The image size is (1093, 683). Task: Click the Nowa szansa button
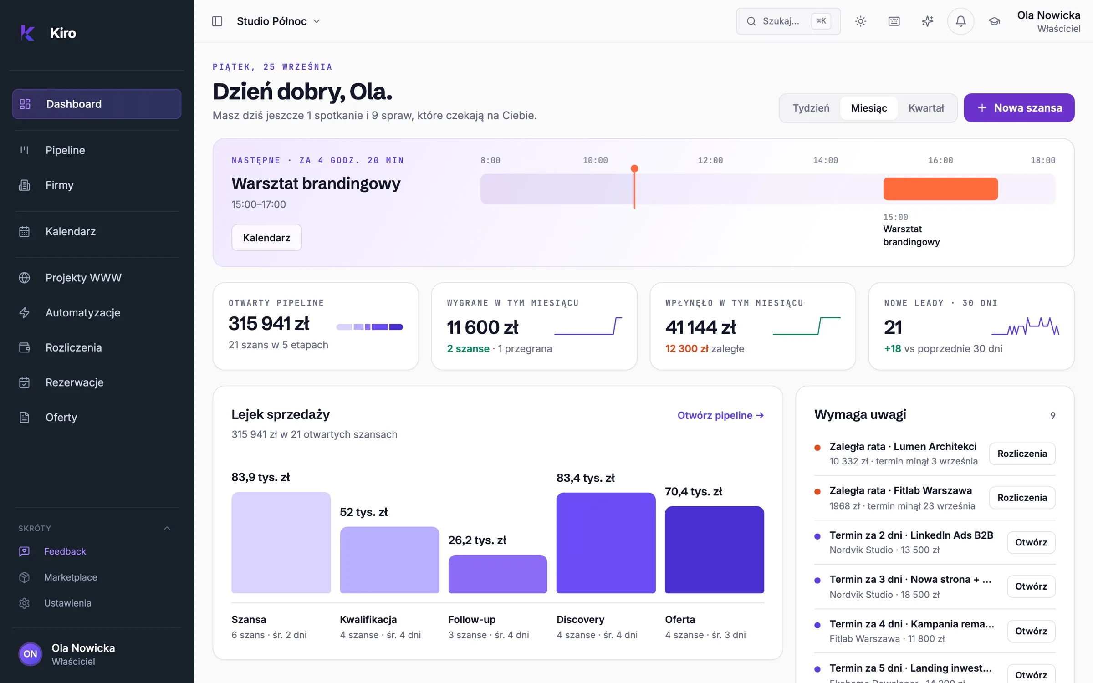click(x=1019, y=108)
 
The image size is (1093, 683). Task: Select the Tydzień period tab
click(x=811, y=108)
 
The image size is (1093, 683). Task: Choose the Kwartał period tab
click(x=926, y=108)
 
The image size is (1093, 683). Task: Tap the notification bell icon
click(x=960, y=21)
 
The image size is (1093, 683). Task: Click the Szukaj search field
click(x=788, y=21)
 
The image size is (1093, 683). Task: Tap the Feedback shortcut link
click(x=65, y=551)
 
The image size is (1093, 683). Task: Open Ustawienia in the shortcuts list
click(x=67, y=603)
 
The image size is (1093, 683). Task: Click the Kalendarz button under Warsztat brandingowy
click(x=266, y=238)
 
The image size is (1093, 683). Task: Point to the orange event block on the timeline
click(x=940, y=189)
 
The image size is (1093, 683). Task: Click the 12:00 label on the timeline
click(x=710, y=160)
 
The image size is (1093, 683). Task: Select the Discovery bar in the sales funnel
click(x=606, y=543)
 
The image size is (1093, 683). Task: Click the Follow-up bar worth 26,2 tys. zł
click(x=497, y=574)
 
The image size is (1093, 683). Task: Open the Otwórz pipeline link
click(x=720, y=415)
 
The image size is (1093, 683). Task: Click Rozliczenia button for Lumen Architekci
click(x=1022, y=454)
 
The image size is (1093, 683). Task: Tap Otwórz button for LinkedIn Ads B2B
click(x=1031, y=542)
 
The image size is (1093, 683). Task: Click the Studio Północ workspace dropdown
click(x=278, y=21)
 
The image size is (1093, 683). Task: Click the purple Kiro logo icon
click(x=27, y=33)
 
